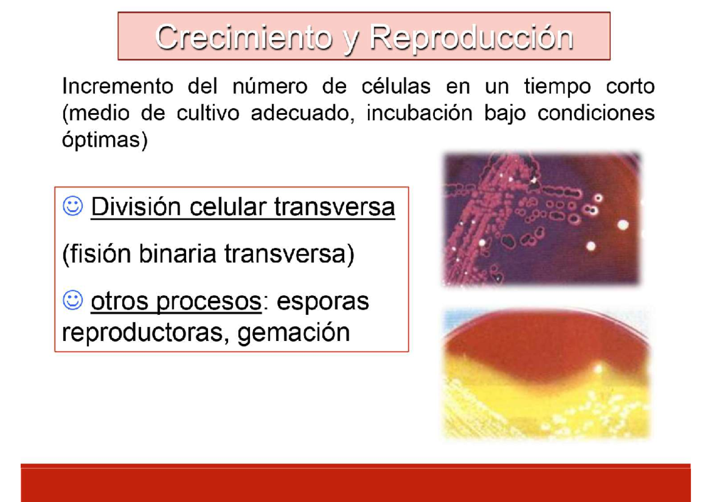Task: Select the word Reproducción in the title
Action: pyautogui.click(x=472, y=38)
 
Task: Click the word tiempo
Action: pyautogui.click(x=558, y=87)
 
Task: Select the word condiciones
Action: pyautogui.click(x=596, y=113)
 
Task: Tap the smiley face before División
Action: pyautogui.click(x=72, y=207)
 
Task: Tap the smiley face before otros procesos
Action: pyautogui.click(x=72, y=301)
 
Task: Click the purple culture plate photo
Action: pyautogui.click(x=542, y=218)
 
